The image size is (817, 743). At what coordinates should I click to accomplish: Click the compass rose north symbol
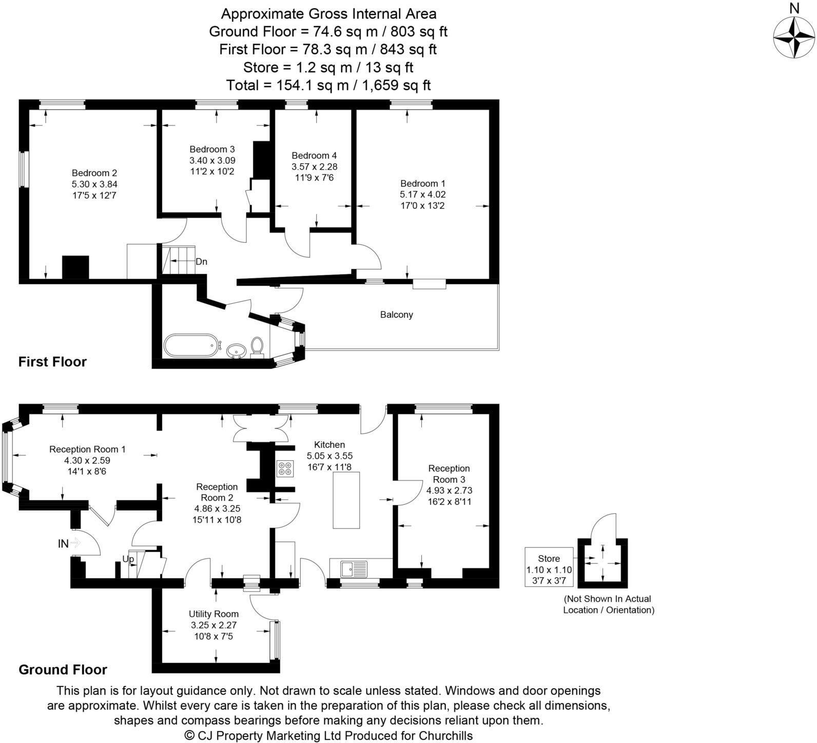tap(794, 37)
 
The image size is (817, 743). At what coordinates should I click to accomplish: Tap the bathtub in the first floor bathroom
tap(191, 345)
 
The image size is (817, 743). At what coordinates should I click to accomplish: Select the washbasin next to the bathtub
tap(236, 350)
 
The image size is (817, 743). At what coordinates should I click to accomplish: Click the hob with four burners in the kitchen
tap(285, 468)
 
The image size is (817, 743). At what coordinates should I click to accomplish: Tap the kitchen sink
tap(354, 569)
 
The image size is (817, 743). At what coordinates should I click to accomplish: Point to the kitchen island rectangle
tap(346, 500)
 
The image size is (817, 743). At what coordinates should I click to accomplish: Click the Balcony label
tap(396, 315)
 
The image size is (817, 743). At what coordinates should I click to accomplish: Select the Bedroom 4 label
tap(314, 155)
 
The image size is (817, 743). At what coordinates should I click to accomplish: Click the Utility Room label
tap(213, 614)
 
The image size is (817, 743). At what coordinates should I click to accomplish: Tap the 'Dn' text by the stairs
tap(201, 262)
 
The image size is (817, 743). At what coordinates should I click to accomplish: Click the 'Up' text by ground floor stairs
tap(128, 559)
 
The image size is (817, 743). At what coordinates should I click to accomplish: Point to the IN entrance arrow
tap(75, 542)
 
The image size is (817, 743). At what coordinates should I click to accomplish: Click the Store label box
tap(549, 567)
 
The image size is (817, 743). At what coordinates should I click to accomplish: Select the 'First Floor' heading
tap(52, 362)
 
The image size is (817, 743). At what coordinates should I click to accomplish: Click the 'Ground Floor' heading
tap(63, 670)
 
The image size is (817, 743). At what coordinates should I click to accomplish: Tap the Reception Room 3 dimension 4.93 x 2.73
tap(449, 491)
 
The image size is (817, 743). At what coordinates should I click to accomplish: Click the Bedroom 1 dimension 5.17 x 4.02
tap(422, 194)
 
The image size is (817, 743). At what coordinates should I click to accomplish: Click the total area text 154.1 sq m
tap(328, 85)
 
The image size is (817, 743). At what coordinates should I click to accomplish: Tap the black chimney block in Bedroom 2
tap(75, 267)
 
